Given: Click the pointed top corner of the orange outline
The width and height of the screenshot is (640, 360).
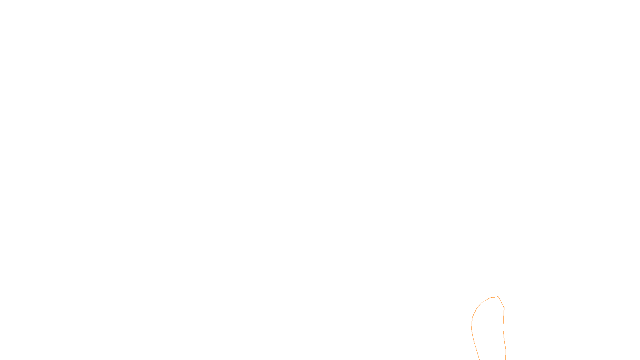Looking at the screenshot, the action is tap(498, 297).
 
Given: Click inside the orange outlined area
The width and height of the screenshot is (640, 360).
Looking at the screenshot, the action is tap(488, 328).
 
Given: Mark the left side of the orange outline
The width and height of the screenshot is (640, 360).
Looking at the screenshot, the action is tap(472, 328).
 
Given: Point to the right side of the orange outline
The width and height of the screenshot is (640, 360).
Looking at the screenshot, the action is tap(503, 328).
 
